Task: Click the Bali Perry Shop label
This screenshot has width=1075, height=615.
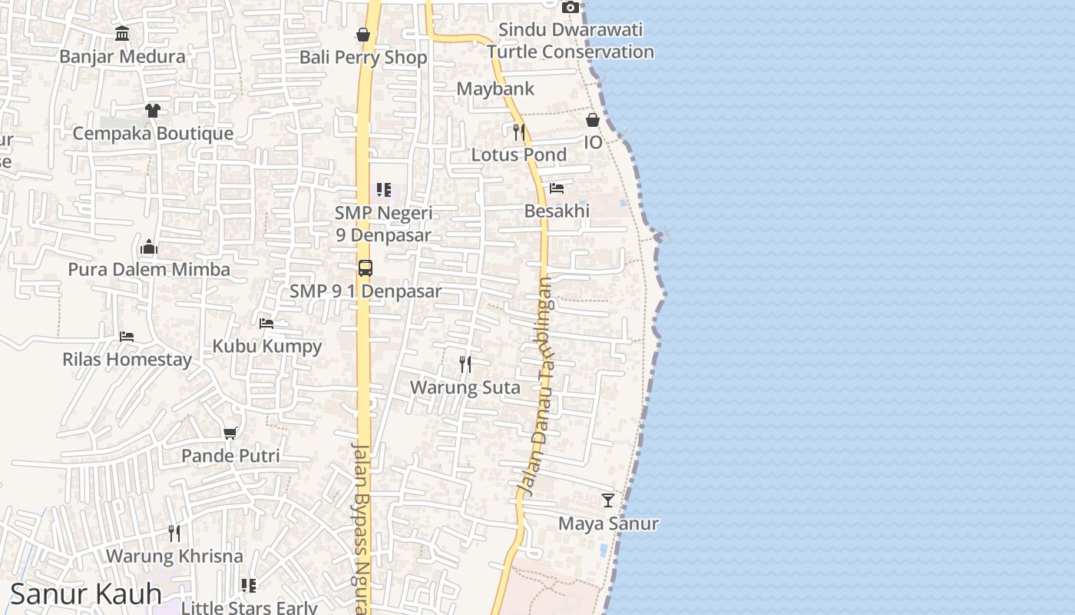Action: tap(363, 58)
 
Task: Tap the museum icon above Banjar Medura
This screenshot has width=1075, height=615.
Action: tap(122, 33)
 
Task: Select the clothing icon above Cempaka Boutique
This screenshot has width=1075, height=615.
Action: tap(153, 111)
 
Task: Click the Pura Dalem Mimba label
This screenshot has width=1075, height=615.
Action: tap(149, 270)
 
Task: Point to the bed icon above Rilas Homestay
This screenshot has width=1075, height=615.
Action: tap(127, 337)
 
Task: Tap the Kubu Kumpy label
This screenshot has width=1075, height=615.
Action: tap(267, 346)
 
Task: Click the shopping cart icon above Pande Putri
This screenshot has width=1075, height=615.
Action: tap(230, 434)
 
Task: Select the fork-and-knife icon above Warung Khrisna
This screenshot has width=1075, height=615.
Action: tap(174, 533)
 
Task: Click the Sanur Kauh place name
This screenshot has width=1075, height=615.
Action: tap(86, 594)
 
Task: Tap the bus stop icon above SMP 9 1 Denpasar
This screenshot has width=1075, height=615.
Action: tap(365, 268)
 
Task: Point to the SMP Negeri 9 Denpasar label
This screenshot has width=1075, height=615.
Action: tap(383, 224)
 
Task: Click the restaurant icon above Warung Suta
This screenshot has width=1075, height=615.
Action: tap(465, 364)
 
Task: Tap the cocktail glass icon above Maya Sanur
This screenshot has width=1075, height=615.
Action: tap(608, 500)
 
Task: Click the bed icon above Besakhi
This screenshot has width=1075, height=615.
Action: tap(557, 188)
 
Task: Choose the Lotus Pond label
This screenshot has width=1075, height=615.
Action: tap(519, 155)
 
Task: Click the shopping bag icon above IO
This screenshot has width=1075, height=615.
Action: tap(593, 120)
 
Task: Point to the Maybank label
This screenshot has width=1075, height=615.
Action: tap(495, 89)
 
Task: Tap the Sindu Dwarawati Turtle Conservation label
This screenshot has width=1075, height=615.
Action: tap(571, 41)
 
